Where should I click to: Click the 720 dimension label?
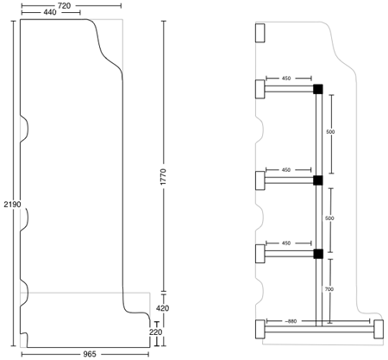coord(64,5)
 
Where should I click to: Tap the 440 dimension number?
coord(50,12)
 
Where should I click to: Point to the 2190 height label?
coord(12,205)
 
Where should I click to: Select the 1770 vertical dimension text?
coord(163,177)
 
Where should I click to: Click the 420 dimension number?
coord(162,308)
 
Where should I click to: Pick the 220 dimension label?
coord(155,332)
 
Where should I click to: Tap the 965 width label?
coord(90,354)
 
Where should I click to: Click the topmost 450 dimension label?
coord(286,79)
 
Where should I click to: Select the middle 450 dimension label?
coord(286,170)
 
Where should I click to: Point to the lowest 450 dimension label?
coord(286,243)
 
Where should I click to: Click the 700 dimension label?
coord(329,289)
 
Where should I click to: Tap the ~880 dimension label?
coord(291,321)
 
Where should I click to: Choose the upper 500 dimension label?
coord(330,132)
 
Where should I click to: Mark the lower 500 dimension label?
coord(329,218)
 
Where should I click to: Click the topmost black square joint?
coord(318,89)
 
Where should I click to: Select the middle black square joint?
coord(318,180)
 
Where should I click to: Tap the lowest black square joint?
coord(318,254)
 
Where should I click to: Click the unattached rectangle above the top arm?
coord(260,33)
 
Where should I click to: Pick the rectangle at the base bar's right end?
coord(379,329)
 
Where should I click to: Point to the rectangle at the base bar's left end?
coord(260,329)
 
